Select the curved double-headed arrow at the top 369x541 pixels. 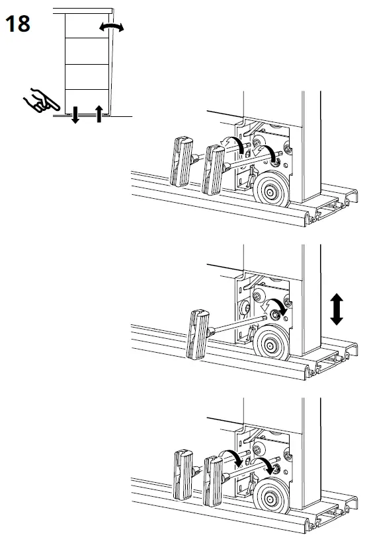click(x=111, y=26)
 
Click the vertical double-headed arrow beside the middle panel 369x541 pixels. click(x=337, y=309)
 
